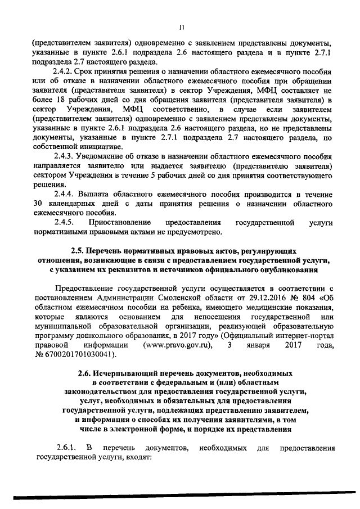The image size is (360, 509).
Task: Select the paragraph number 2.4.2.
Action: [64, 71]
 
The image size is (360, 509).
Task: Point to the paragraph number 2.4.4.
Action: [64, 194]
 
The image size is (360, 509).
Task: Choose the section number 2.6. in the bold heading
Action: [87, 374]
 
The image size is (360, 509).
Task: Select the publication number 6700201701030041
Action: [81, 356]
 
